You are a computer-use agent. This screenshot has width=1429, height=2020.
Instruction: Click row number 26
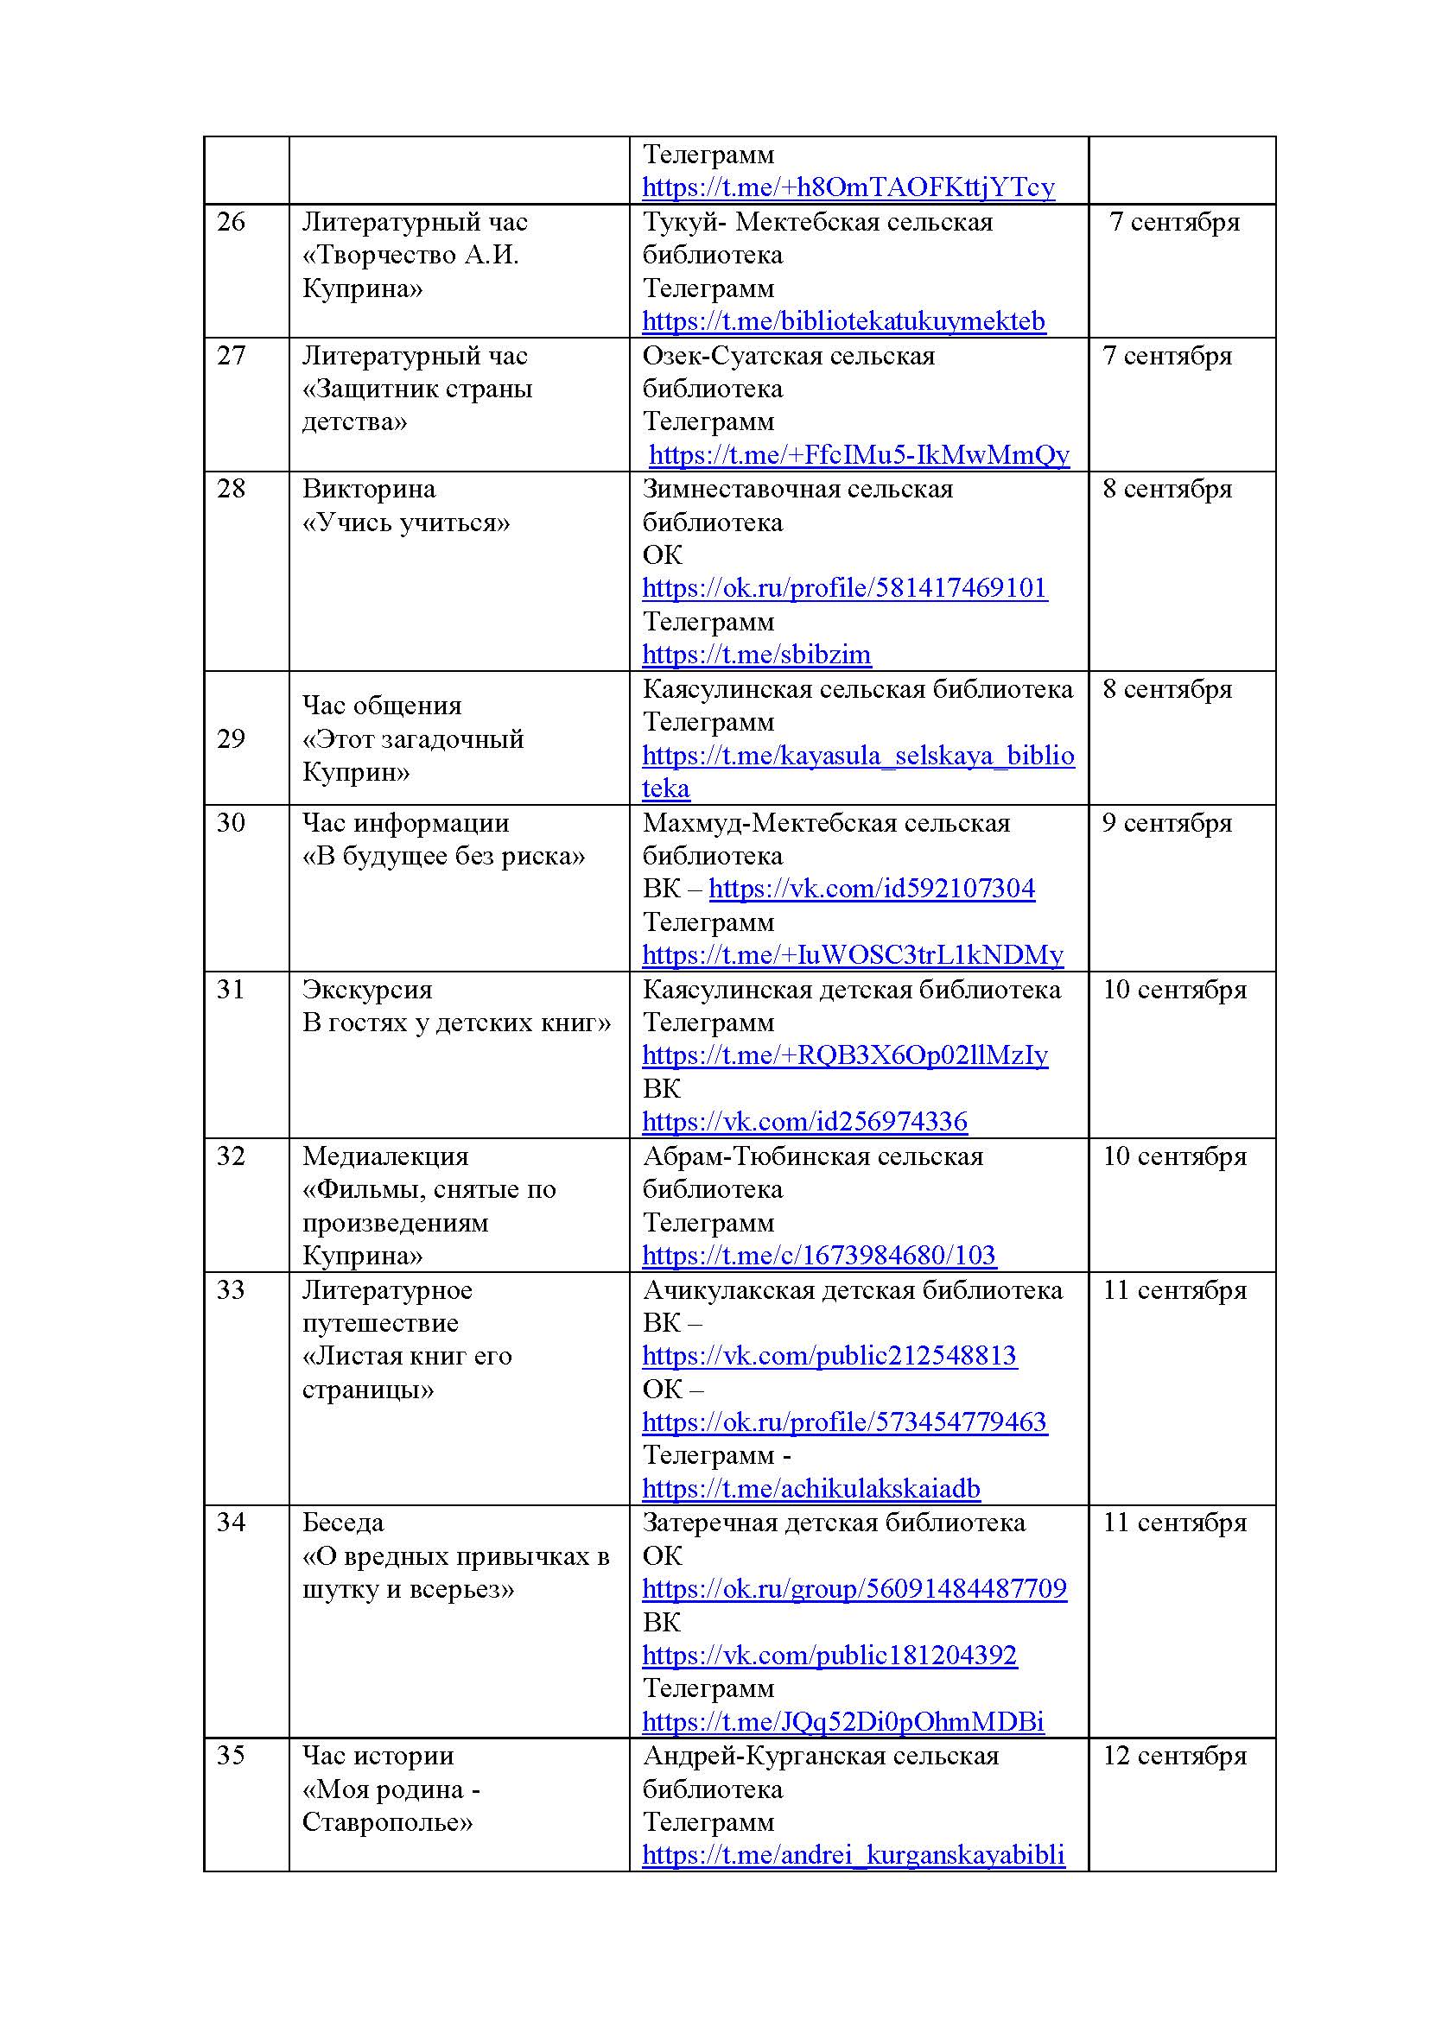tap(231, 222)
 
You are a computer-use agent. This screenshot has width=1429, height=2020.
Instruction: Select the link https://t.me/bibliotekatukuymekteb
tap(843, 321)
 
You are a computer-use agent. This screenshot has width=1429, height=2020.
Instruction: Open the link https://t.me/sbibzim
tap(756, 655)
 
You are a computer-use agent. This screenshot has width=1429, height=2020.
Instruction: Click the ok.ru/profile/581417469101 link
tap(844, 588)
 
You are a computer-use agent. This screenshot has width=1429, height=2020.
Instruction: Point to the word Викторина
tap(369, 489)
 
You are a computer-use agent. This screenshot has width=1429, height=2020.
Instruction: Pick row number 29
tap(231, 739)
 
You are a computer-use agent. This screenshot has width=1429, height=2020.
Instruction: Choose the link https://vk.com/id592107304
tap(871, 889)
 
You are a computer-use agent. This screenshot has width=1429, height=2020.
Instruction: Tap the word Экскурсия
tap(367, 990)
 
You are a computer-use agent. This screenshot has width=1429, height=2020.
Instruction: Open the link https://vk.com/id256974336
tap(804, 1122)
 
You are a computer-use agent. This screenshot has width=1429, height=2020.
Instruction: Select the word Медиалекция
tap(385, 1156)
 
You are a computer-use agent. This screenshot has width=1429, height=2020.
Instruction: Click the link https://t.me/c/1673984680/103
tap(818, 1256)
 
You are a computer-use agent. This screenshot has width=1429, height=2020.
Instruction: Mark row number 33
tap(231, 1290)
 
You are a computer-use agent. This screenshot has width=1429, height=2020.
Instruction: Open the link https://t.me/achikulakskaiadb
tap(810, 1489)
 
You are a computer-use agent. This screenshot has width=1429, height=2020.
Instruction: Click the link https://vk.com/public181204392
tap(829, 1656)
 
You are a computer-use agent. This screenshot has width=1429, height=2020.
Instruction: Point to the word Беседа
tap(343, 1523)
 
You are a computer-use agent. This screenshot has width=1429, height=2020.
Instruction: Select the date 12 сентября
tap(1175, 1756)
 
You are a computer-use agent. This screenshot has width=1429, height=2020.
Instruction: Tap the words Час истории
tap(378, 1756)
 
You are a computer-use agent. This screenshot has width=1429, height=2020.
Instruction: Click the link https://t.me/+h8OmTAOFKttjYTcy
tap(848, 187)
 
